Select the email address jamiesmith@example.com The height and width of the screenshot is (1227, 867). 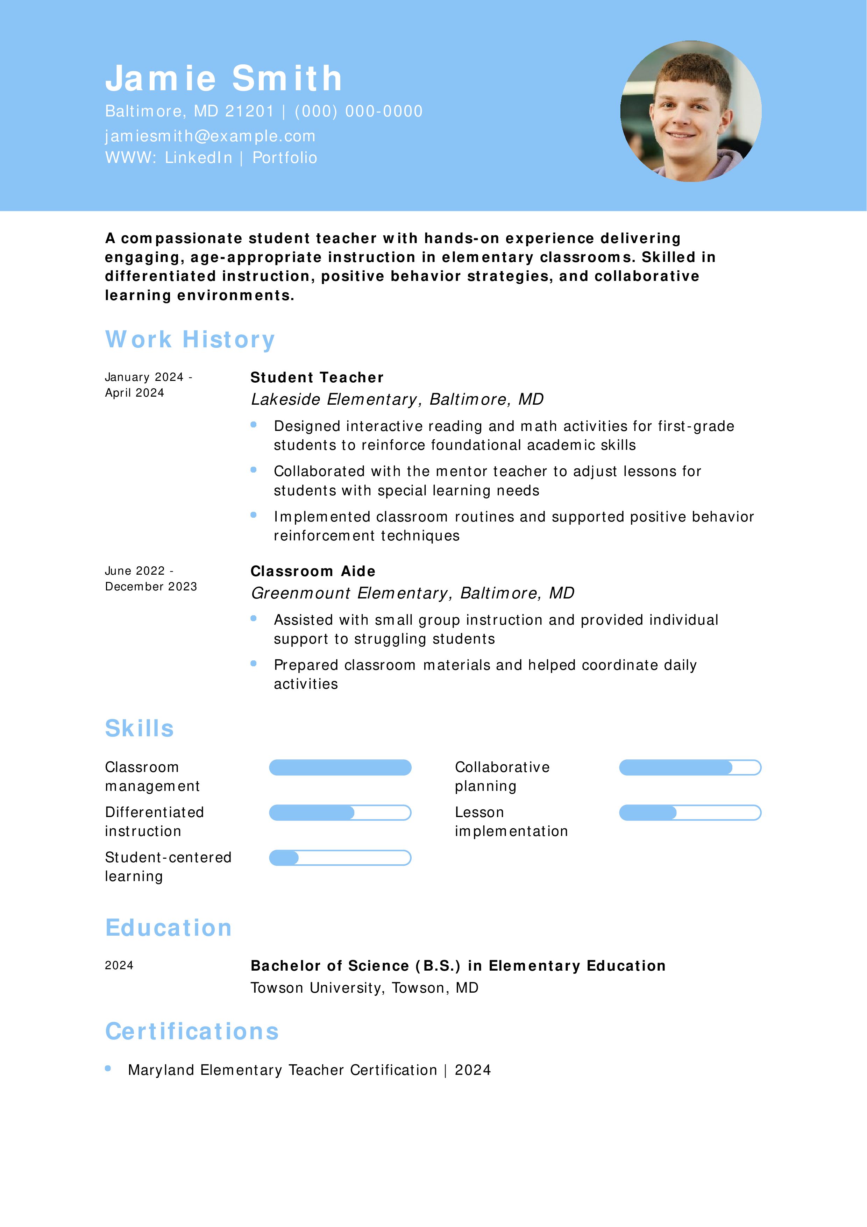tap(210, 136)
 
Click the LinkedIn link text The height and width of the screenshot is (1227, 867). tap(198, 158)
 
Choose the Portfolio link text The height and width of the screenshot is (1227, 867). tap(285, 158)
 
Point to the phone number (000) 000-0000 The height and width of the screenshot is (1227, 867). tap(358, 111)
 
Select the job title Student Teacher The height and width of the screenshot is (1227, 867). tap(317, 377)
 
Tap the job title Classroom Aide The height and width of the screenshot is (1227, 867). tap(313, 571)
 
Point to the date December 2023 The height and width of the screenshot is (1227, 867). tap(151, 587)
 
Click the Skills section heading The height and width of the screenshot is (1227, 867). tap(140, 728)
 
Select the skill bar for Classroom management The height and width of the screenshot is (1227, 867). tap(340, 767)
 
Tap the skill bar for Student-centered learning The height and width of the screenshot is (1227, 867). tap(340, 858)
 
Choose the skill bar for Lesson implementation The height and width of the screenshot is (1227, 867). tap(690, 813)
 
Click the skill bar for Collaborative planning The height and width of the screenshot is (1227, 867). tap(690, 767)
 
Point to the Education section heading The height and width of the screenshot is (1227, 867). tap(168, 928)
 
